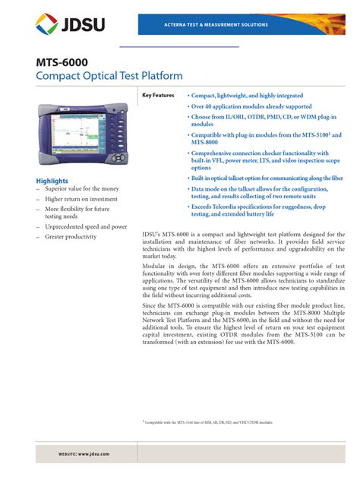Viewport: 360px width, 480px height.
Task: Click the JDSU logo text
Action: pos(82,27)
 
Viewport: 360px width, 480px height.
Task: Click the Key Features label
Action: pos(158,96)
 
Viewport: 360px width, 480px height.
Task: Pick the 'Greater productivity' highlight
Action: pos(71,237)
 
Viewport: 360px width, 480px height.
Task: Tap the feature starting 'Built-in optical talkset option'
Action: pos(267,178)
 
